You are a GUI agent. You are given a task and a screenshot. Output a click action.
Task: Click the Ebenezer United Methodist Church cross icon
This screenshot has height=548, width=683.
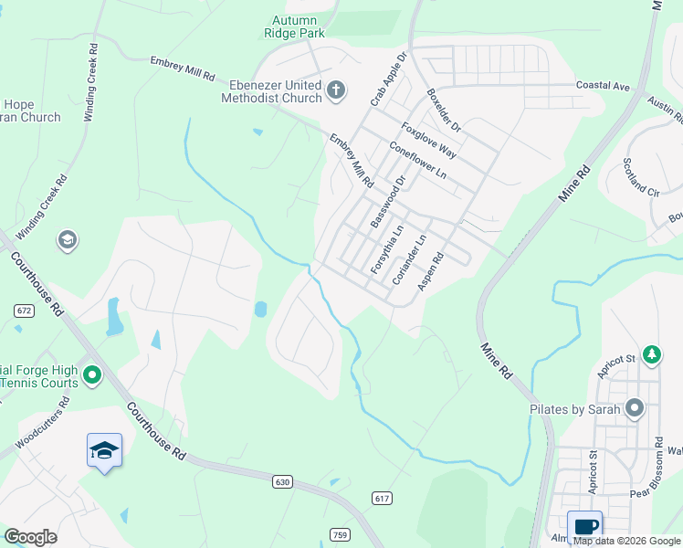[336, 90]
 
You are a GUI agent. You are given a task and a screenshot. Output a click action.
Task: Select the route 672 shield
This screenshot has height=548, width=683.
[24, 311]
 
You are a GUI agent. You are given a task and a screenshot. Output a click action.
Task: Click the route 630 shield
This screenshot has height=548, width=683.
[281, 480]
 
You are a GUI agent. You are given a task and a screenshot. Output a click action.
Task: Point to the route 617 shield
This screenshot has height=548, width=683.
[383, 497]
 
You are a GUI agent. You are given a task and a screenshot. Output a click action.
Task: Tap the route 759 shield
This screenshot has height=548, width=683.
[340, 534]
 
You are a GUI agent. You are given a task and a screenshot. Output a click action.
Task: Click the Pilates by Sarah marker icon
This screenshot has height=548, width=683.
[635, 409]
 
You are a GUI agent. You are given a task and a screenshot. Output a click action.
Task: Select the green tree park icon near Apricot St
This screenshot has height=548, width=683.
[651, 353]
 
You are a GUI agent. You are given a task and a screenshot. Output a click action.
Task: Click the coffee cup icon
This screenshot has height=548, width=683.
[584, 525]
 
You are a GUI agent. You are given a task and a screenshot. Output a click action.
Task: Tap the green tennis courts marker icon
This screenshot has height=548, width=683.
[91, 374]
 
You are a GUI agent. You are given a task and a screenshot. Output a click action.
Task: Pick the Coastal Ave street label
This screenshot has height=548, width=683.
[603, 86]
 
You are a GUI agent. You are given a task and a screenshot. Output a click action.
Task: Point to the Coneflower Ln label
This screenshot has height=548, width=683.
[417, 159]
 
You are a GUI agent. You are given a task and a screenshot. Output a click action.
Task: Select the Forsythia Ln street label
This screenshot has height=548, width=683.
[386, 250]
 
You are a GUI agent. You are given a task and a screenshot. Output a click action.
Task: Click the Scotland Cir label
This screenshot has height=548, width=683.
[641, 177]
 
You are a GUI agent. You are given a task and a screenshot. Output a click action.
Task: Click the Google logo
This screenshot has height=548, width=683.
[30, 537]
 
